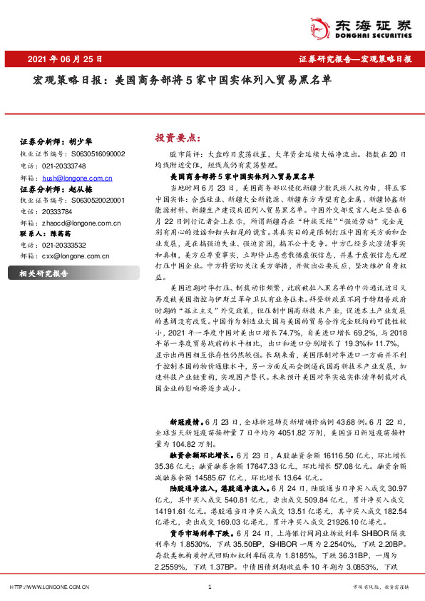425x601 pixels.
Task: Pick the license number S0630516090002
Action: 98,153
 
